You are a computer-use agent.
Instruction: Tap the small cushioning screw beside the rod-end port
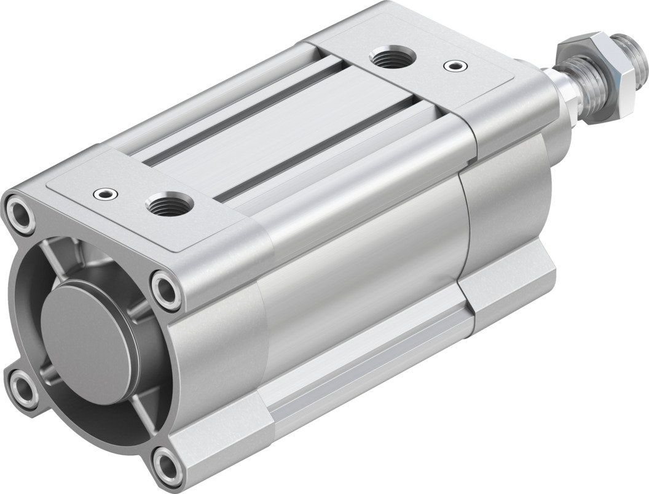454,64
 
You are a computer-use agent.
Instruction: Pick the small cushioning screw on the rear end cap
101,194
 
